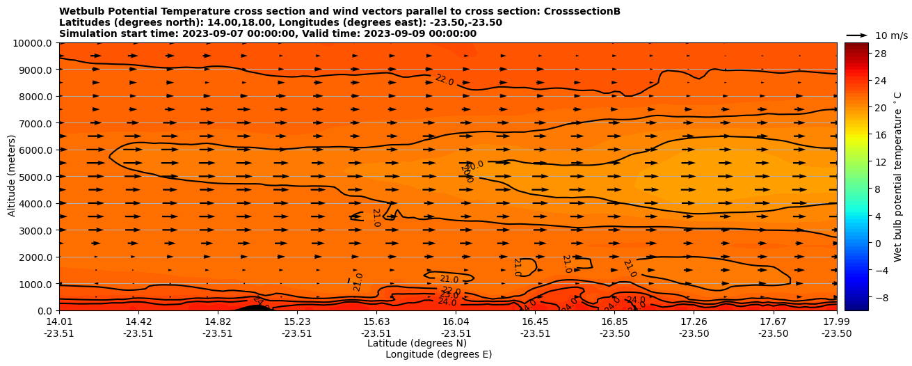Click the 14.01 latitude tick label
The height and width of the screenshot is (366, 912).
(x=59, y=321)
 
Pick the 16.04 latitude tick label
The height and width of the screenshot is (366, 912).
(x=456, y=321)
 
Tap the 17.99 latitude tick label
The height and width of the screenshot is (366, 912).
(x=836, y=321)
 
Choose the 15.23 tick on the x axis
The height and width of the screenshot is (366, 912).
(x=297, y=321)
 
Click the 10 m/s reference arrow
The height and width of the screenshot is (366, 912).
(x=857, y=35)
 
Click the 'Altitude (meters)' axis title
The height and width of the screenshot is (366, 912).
(x=12, y=177)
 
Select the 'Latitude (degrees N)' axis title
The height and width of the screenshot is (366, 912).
(x=417, y=343)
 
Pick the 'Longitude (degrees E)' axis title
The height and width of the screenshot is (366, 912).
(x=438, y=354)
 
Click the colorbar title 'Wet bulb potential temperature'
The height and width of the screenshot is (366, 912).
(x=897, y=177)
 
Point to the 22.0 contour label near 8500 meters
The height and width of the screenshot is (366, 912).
(x=444, y=80)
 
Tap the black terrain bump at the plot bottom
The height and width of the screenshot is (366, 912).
(x=254, y=307)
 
